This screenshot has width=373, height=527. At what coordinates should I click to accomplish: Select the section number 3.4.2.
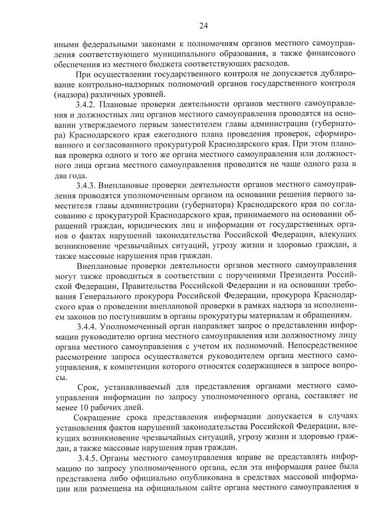click(87, 104)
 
